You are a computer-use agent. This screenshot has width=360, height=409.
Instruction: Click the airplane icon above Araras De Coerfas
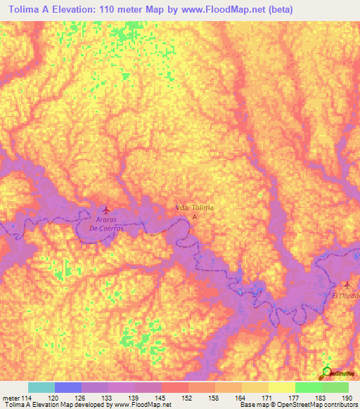[107, 210]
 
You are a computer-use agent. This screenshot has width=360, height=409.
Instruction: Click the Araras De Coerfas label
[106, 224]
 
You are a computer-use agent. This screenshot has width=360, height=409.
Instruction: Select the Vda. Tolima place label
[194, 207]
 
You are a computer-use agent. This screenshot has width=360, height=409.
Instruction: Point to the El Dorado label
[346, 296]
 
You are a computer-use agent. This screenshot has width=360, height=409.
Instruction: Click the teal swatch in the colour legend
[41, 387]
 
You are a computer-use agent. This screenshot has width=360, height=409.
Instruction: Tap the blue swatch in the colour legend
[68, 387]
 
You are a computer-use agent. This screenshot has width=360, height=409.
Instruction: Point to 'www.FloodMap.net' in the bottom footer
[142, 405]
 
